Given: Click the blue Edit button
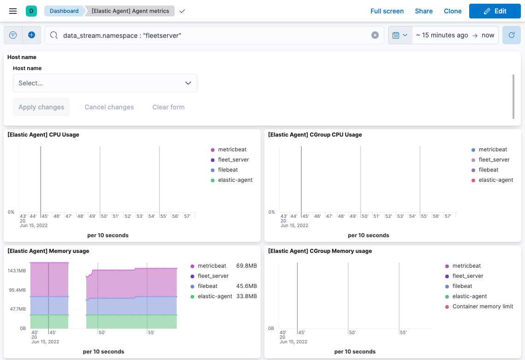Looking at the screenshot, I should pyautogui.click(x=495, y=11).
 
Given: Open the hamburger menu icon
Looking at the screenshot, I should pyautogui.click(x=13, y=11).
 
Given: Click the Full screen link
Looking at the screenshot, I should pyautogui.click(x=387, y=11).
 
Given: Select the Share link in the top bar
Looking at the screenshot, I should pyautogui.click(x=424, y=11).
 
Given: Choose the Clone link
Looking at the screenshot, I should pyautogui.click(x=453, y=11).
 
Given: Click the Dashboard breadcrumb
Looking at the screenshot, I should pyautogui.click(x=64, y=11).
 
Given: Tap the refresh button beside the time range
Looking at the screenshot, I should pyautogui.click(x=511, y=35).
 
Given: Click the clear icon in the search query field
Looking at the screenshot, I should pyautogui.click(x=375, y=35).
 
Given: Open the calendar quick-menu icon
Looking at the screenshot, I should pyautogui.click(x=400, y=35).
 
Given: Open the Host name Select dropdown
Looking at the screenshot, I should pyautogui.click(x=105, y=83).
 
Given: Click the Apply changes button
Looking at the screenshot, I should pyautogui.click(x=41, y=107).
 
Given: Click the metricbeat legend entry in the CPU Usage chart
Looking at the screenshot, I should pyautogui.click(x=232, y=150).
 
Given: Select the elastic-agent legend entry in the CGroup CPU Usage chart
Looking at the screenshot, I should pyautogui.click(x=495, y=180).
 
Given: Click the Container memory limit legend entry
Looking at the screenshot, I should pyautogui.click(x=483, y=306).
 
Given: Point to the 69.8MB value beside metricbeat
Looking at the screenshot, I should pyautogui.click(x=246, y=266).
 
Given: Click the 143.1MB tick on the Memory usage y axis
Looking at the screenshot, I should pyautogui.click(x=17, y=270).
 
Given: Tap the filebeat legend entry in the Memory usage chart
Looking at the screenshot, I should pyautogui.click(x=207, y=286).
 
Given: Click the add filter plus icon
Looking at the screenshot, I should pyautogui.click(x=31, y=35).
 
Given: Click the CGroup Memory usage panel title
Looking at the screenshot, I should pyautogui.click(x=320, y=251).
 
